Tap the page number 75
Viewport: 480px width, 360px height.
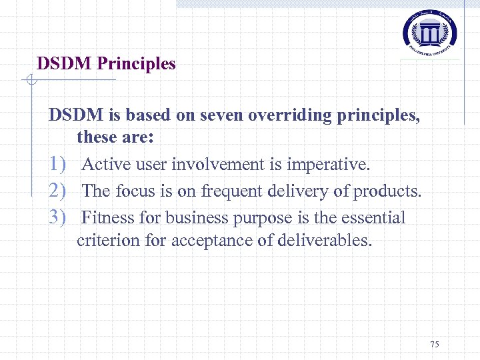[x=435, y=344]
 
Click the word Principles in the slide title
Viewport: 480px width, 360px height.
[x=137, y=64]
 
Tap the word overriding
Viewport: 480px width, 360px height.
[x=291, y=115]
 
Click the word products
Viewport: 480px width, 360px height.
[x=387, y=191]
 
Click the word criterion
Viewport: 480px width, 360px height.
[x=107, y=240]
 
